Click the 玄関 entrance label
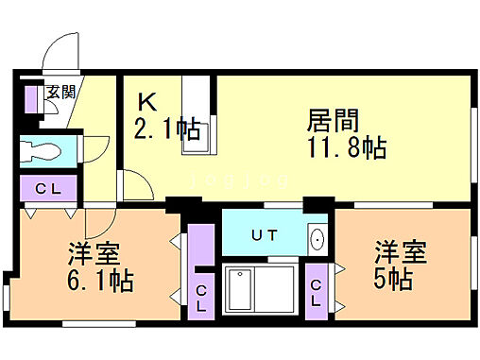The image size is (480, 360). [60, 92]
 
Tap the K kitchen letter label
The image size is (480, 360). [147, 100]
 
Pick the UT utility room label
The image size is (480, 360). [264, 233]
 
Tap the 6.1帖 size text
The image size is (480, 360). [100, 281]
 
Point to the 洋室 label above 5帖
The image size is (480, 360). [401, 253]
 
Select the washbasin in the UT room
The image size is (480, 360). [317, 236]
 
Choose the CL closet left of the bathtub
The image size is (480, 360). [201, 296]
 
